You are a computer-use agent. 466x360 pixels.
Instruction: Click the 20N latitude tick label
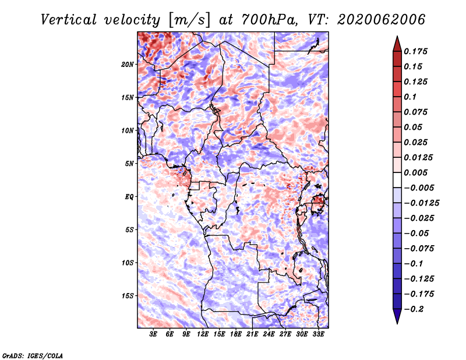pyautogui.click(x=127, y=65)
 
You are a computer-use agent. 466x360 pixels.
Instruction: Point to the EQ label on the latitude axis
pyautogui.click(x=129, y=197)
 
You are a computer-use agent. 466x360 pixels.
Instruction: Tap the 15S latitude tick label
pyautogui.click(x=128, y=296)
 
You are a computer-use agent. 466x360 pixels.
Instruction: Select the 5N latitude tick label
pyautogui.click(x=129, y=164)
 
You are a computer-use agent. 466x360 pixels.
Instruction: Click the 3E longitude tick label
pyautogui.click(x=153, y=334)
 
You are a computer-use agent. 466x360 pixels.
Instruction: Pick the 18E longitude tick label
pyautogui.click(x=236, y=334)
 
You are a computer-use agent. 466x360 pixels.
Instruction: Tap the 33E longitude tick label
pyautogui.click(x=318, y=334)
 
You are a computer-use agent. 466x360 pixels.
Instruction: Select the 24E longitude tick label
pyautogui.click(x=269, y=334)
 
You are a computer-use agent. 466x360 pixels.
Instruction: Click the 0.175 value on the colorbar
pyautogui.click(x=416, y=51)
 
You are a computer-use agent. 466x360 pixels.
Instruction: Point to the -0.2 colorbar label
pyautogui.click(x=414, y=309)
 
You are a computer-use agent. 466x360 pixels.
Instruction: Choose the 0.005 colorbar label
pyautogui.click(x=416, y=172)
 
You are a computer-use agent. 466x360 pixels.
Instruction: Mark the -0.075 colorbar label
pyautogui.click(x=419, y=249)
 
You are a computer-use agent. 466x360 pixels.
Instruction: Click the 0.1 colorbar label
pyautogui.click(x=411, y=97)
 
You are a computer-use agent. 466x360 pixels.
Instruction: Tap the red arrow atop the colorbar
pyautogui.click(x=397, y=44)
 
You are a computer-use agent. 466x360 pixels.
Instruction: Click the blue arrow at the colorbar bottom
pyautogui.click(x=397, y=316)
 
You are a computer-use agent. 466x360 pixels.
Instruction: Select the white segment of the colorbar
pyautogui.click(x=397, y=180)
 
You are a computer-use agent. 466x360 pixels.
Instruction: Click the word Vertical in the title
pyautogui.click(x=69, y=20)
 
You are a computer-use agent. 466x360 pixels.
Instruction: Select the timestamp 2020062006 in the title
pyautogui.click(x=382, y=20)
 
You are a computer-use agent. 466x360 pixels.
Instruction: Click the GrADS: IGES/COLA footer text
pyautogui.click(x=33, y=355)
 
